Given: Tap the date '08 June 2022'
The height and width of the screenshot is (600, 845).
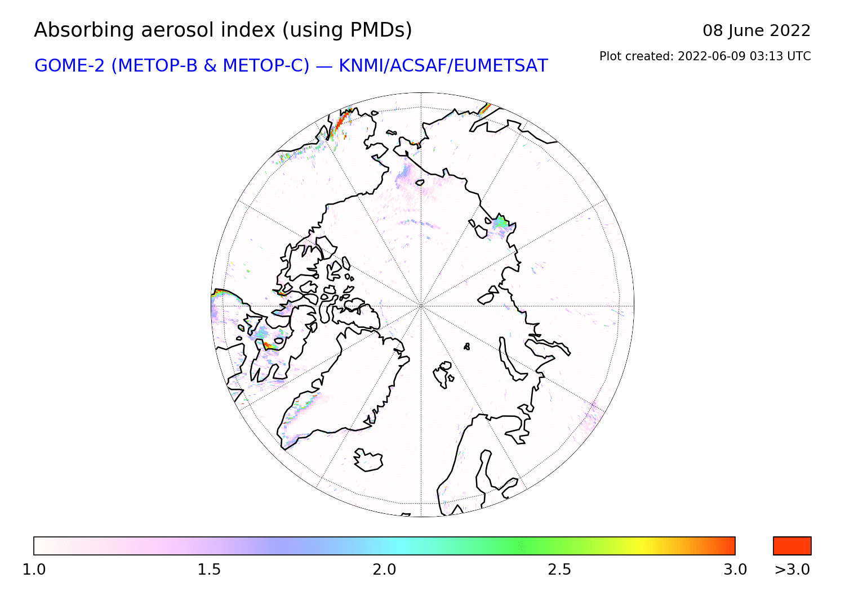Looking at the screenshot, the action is [x=757, y=31].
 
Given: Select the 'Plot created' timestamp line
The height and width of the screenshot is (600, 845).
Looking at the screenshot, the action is [x=705, y=56].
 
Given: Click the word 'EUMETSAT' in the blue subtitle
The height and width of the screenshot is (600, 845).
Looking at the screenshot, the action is [x=501, y=66].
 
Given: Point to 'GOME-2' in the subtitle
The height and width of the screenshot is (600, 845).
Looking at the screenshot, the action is [x=69, y=66].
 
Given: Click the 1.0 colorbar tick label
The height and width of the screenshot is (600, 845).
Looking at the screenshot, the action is [x=34, y=570].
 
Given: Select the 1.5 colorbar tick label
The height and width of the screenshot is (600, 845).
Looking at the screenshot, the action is [x=209, y=570].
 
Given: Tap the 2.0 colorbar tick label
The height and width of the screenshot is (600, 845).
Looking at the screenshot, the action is [x=384, y=570].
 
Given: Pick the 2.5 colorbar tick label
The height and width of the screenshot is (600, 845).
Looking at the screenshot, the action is [x=559, y=570].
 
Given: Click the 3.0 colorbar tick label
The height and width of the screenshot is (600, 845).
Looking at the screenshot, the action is [x=735, y=570].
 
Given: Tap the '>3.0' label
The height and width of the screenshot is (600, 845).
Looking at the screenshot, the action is [x=792, y=570].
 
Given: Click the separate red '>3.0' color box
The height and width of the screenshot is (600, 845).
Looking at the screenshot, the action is [x=792, y=546].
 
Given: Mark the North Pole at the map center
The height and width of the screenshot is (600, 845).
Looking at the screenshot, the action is [x=421, y=306].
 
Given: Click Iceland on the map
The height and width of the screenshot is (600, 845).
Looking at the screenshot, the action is [x=368, y=460].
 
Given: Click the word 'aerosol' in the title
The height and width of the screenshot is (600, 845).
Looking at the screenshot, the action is [x=177, y=30].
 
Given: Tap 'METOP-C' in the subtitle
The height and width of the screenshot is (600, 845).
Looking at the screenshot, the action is [x=266, y=66].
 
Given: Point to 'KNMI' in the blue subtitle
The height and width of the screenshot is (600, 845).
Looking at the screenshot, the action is [x=363, y=66].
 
